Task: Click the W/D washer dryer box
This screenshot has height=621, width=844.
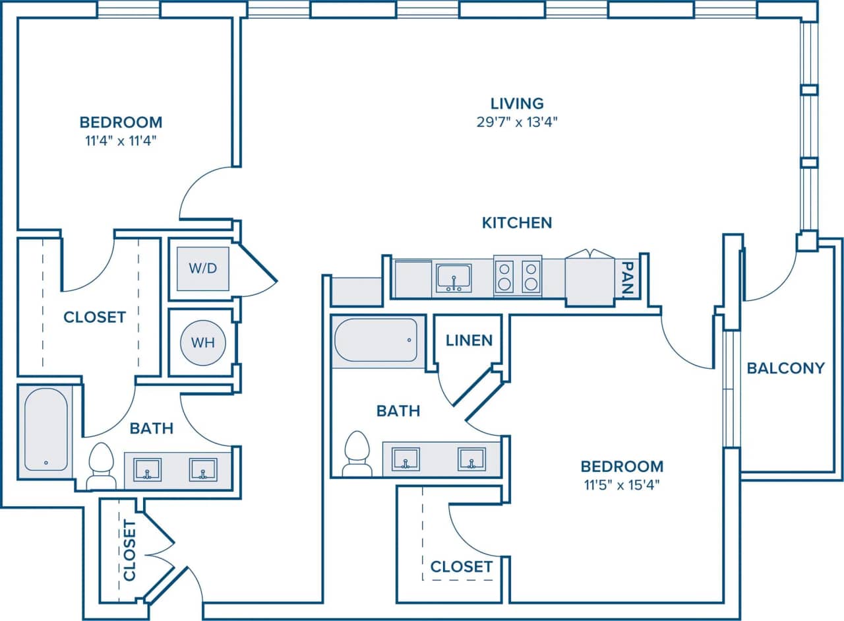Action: point(203,268)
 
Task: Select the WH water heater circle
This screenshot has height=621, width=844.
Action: point(202,343)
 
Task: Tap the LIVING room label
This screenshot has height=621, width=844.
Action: point(517,104)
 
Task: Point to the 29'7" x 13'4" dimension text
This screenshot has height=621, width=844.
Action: point(517,121)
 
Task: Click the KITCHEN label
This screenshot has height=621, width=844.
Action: point(517,223)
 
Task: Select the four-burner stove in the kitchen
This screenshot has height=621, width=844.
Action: point(518,276)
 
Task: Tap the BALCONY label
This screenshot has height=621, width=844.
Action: point(785,368)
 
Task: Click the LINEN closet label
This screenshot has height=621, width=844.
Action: point(469,341)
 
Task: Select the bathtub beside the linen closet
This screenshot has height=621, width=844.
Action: point(376,340)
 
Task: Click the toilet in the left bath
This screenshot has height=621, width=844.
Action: point(102,465)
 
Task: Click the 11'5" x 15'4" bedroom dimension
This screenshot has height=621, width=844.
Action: point(621,484)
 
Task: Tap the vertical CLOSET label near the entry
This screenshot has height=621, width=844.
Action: point(129,550)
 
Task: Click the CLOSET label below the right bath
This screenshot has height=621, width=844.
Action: point(461,567)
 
